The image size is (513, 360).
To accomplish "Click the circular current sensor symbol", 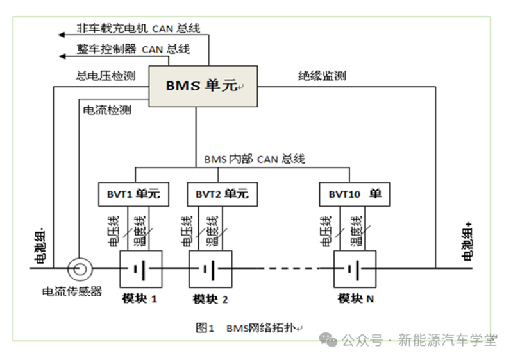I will (80, 268).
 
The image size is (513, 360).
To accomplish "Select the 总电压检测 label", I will (106, 76).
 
